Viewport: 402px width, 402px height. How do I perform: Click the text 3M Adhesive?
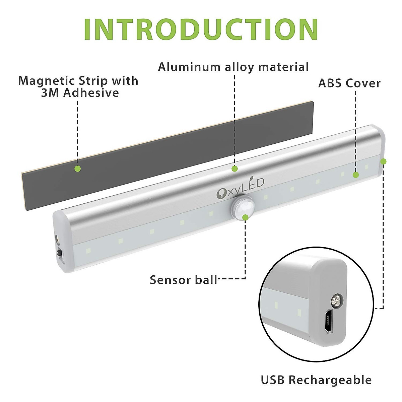pos(80,93)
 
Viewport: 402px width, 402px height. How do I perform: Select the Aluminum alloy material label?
pos(233,67)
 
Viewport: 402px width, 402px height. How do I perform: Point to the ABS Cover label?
pos(349,83)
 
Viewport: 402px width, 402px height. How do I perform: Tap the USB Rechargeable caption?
pos(316,380)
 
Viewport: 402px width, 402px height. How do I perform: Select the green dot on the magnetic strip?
pos(77,169)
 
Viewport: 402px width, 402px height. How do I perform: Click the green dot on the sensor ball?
pos(245,217)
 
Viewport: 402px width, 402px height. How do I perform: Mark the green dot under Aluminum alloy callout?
pos(234,169)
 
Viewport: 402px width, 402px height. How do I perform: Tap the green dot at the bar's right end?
pos(383,161)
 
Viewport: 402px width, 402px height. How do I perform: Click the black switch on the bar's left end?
pos(60,254)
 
